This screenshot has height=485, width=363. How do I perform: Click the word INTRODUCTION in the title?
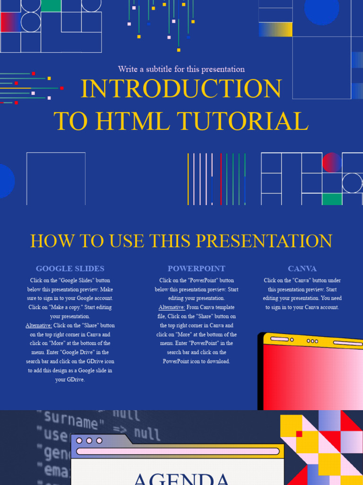click(181, 89)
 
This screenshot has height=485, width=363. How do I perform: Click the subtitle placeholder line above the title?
click(181, 69)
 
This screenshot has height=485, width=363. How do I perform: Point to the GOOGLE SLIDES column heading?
click(70, 269)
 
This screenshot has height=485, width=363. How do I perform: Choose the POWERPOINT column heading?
click(196, 269)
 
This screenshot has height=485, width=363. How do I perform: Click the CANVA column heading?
click(302, 269)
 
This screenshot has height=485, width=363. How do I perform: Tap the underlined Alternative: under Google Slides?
click(39, 325)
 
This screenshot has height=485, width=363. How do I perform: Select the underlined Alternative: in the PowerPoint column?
click(172, 307)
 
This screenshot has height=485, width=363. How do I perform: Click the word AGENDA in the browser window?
click(181, 478)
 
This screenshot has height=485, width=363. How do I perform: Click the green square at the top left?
click(51, 6)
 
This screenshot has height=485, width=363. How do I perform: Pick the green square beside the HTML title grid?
click(332, 199)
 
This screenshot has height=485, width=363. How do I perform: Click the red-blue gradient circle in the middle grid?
click(332, 162)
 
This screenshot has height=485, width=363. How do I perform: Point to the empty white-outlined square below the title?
click(56, 179)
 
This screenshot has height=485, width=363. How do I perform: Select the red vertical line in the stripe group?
click(221, 179)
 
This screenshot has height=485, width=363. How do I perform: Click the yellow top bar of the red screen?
click(312, 340)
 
